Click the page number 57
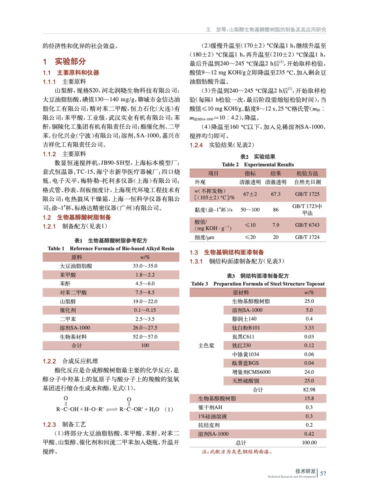(323, 473)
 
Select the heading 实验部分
(70, 62)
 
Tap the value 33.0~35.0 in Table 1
(145, 266)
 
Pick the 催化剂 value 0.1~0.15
(145, 310)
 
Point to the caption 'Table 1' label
(56, 248)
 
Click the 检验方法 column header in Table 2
(307, 173)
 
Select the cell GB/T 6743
(307, 225)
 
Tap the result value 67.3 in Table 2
(275, 194)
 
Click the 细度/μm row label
(204, 237)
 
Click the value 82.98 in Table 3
(309, 390)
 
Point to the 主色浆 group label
(206, 345)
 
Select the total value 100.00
(309, 443)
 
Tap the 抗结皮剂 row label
(209, 425)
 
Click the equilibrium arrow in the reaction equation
(112, 410)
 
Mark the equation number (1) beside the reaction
(168, 409)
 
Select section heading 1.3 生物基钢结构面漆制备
(227, 252)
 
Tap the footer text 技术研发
(305, 471)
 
